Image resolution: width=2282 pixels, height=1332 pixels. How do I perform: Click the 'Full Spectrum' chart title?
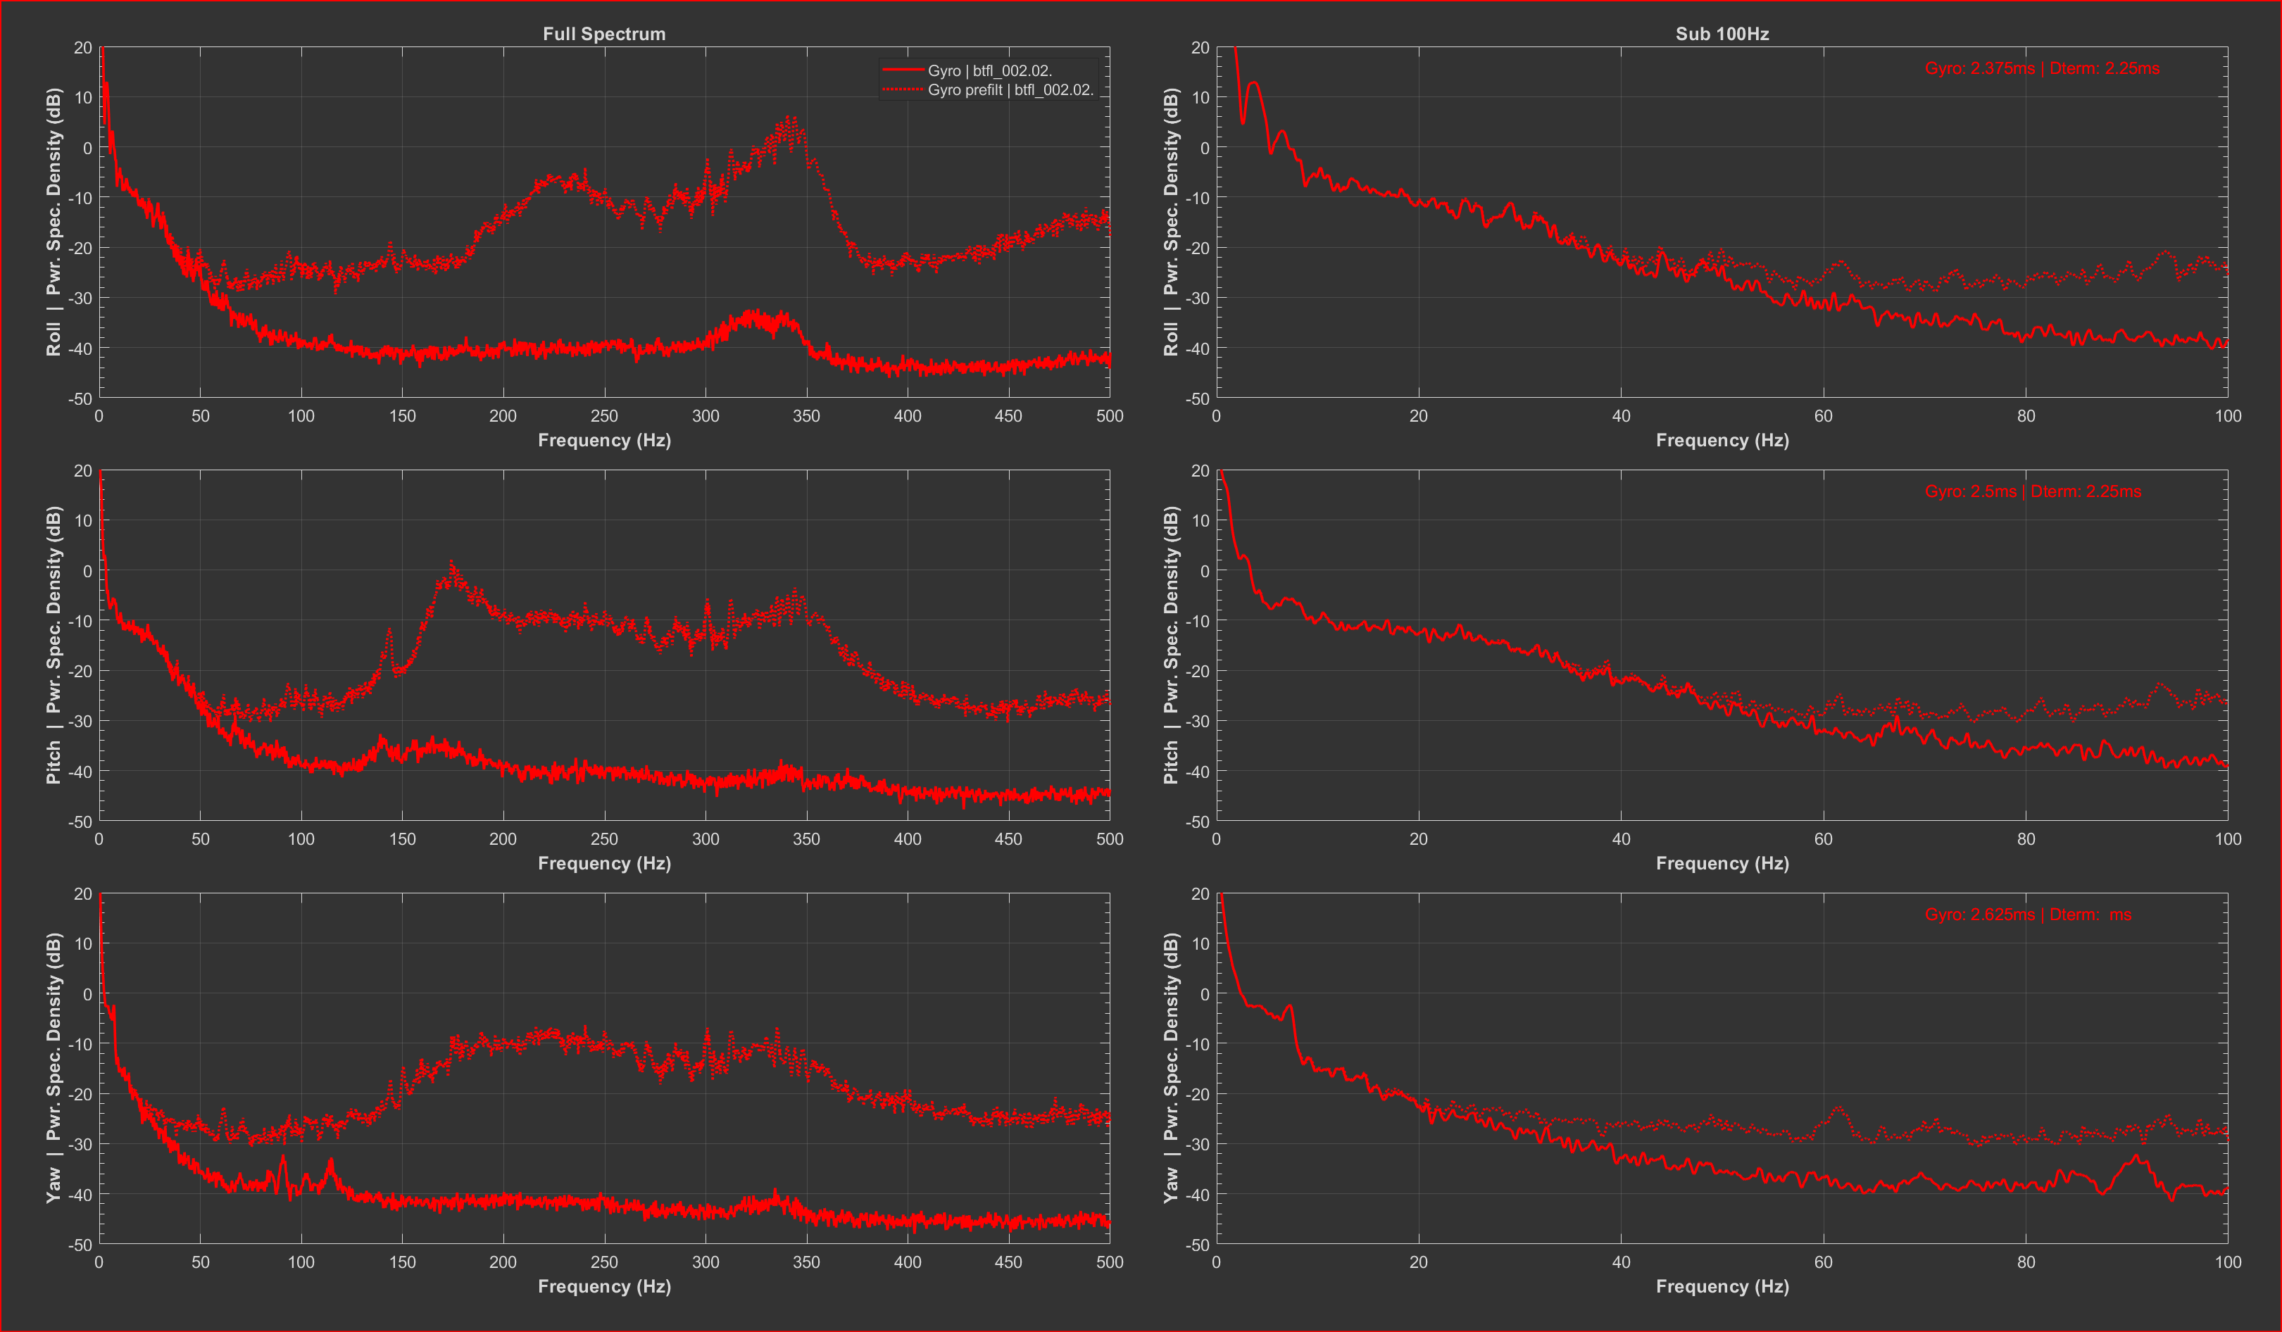(604, 34)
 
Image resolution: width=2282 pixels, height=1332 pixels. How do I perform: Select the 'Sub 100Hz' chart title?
(1722, 34)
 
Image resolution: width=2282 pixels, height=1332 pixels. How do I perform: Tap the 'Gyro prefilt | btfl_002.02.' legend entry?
(1010, 89)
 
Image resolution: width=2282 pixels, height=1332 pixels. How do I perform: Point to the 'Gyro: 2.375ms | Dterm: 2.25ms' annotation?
(2041, 68)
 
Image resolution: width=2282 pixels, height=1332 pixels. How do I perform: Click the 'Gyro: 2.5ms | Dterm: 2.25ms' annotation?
(2032, 491)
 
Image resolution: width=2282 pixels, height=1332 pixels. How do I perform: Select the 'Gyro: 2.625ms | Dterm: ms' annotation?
(2028, 915)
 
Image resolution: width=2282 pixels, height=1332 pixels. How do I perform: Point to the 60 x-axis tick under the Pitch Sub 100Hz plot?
(1823, 839)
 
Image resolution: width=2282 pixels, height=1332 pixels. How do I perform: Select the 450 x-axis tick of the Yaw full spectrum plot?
(1008, 1262)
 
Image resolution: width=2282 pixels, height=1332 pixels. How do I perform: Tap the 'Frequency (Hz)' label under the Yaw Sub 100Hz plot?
(1722, 1287)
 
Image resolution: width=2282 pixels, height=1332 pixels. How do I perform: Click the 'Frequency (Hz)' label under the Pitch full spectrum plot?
(604, 864)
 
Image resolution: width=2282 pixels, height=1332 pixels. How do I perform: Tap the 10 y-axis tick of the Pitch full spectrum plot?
(83, 521)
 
